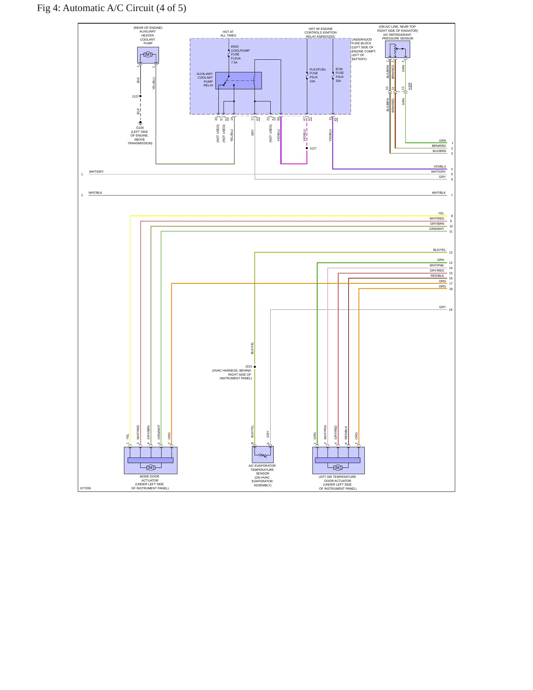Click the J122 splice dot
point(141,96)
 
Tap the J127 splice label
point(313,148)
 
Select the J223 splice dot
point(255,367)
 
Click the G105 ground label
point(140,128)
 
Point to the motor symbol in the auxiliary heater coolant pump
point(148,55)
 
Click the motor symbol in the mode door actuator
point(150,468)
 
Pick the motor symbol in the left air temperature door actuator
point(338,468)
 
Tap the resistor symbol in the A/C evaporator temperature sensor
point(263,456)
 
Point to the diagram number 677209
point(86,488)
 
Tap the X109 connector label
point(410,86)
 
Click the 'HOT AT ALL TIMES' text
point(228,34)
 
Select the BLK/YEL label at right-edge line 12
point(439,250)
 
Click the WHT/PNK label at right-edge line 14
point(437,265)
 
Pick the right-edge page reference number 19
point(451,310)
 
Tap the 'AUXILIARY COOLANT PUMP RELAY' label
point(205,79)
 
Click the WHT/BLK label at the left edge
point(96,193)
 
